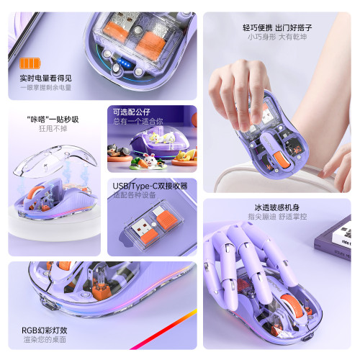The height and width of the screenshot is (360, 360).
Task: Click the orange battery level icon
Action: click(x=27, y=65)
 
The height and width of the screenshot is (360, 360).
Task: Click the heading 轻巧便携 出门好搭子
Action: click(x=278, y=27)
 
